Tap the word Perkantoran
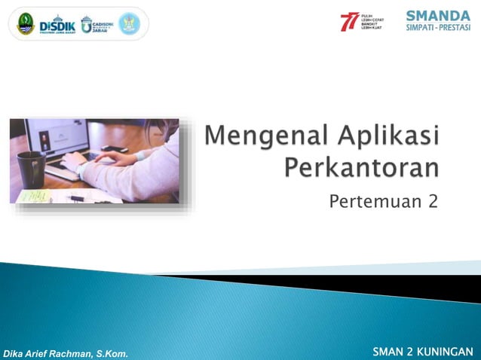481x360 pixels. pos(361,167)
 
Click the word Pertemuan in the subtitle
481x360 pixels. pos(368,201)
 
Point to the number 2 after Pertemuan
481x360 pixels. pos(433,201)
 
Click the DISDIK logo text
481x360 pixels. pos(57,23)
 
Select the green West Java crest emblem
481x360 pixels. pos(25,23)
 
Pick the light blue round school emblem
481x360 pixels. pos(129,23)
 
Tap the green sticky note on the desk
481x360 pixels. pos(35,196)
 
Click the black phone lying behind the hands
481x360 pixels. pos(115,148)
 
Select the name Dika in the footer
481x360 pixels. pos(14,353)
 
